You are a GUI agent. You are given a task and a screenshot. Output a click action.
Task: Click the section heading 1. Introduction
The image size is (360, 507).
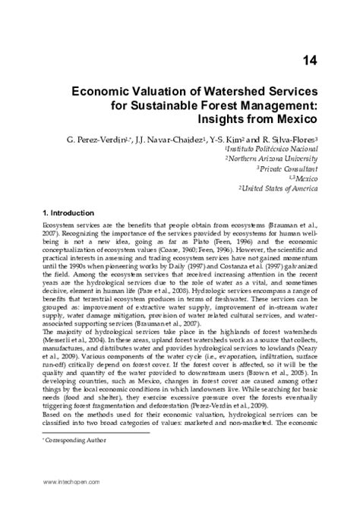79,213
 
